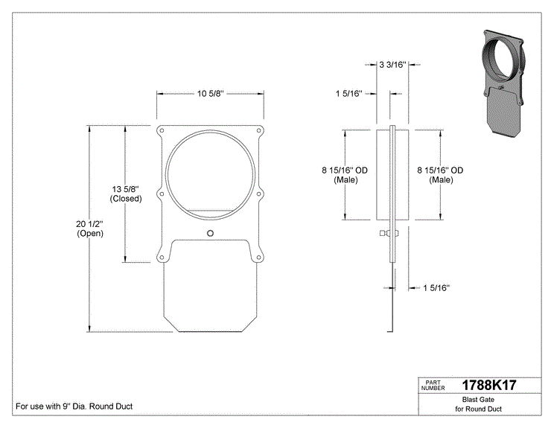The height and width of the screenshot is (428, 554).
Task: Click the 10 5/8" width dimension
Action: (210, 94)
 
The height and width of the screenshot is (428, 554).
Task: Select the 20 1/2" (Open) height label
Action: (90, 229)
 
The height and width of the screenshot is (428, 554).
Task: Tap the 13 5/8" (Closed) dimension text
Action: (126, 194)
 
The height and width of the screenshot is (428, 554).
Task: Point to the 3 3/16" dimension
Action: (392, 65)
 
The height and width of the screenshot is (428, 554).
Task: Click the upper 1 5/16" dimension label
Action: (349, 94)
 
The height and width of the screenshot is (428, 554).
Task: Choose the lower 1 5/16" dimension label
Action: (436, 288)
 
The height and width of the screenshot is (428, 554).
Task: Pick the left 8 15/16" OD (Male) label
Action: (345, 175)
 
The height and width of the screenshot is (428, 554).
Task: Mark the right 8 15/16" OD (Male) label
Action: (440, 175)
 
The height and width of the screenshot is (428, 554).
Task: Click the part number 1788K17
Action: (489, 386)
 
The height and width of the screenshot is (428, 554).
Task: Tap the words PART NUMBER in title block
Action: (433, 386)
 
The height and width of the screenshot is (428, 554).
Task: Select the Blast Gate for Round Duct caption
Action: (478, 404)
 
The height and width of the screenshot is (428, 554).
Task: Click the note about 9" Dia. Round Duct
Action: (74, 406)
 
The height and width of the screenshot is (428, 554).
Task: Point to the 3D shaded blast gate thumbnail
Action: (503, 84)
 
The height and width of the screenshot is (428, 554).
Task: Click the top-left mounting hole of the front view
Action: (162, 131)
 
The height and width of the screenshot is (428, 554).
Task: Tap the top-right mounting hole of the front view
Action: (258, 131)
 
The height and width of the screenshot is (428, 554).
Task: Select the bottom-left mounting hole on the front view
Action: (162, 258)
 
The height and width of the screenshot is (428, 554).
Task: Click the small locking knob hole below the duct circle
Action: (210, 233)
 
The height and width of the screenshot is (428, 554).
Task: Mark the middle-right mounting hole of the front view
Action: (258, 194)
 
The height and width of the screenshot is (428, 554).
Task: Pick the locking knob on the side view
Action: (389, 233)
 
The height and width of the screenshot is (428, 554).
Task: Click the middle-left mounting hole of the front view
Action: (162, 194)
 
